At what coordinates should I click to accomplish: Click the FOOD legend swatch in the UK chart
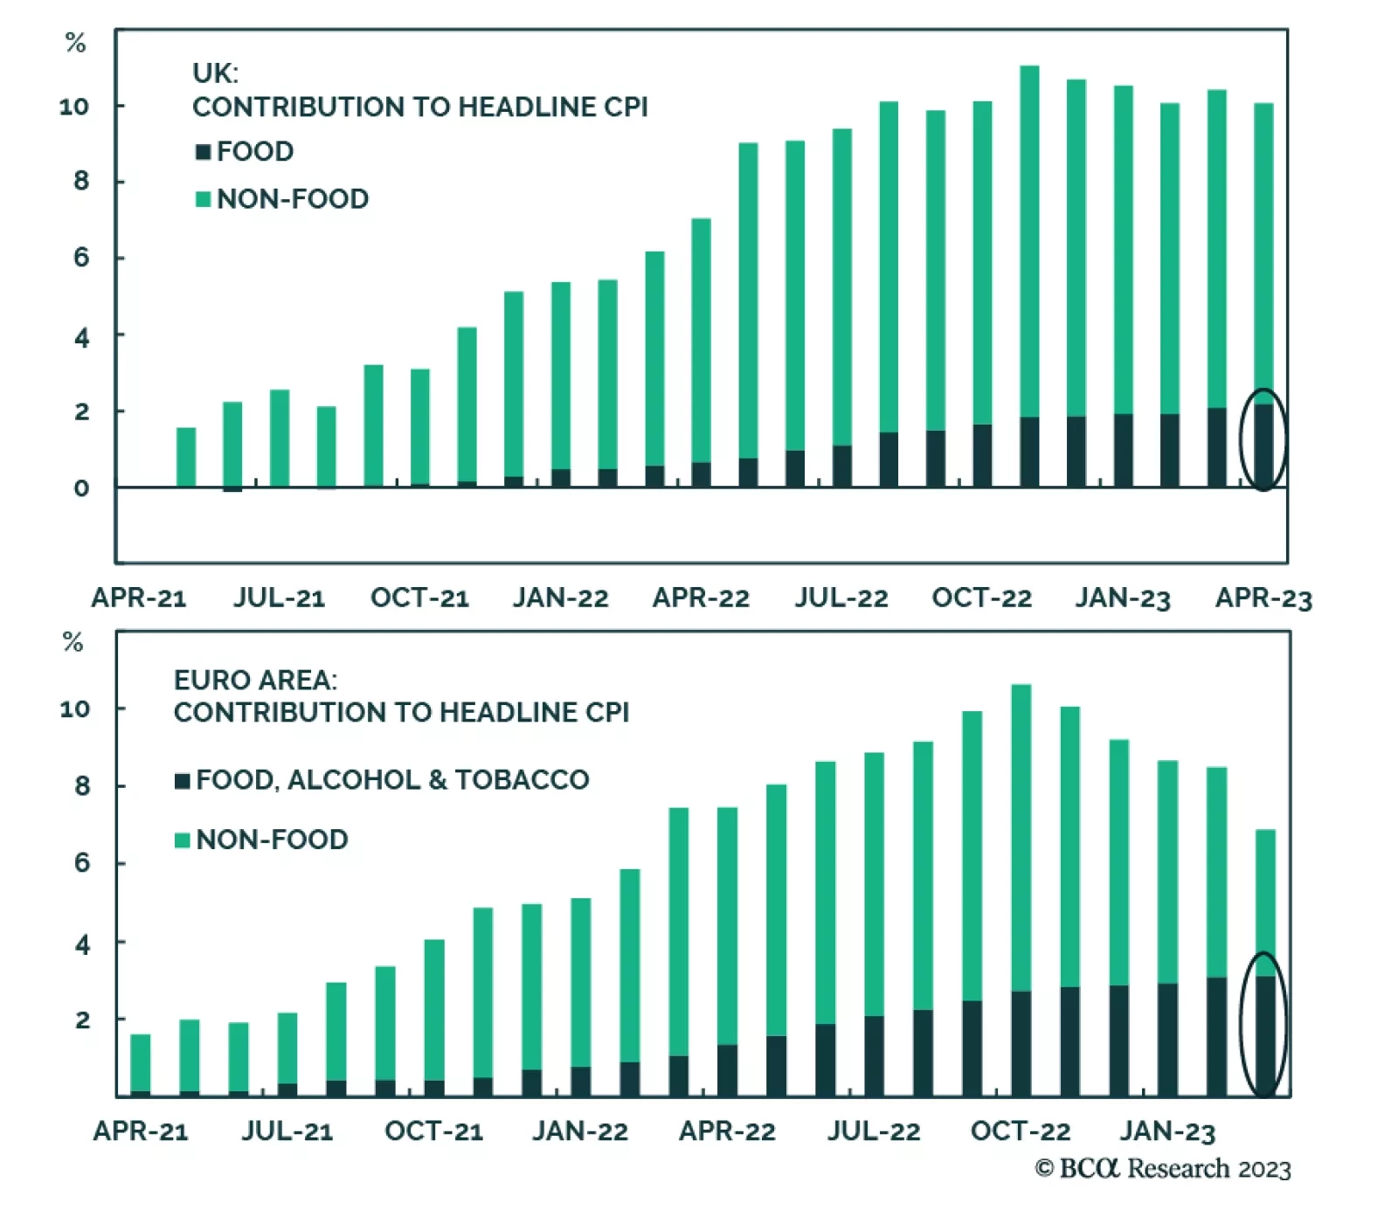click(x=203, y=152)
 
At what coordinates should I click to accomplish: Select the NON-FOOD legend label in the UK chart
click(x=292, y=199)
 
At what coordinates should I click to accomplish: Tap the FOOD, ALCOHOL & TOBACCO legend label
click(x=392, y=779)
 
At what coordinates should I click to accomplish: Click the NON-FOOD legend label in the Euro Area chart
click(x=272, y=840)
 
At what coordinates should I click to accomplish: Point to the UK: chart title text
click(x=215, y=73)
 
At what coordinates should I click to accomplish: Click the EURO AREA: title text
click(x=255, y=680)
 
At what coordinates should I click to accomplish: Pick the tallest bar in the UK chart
click(x=1029, y=262)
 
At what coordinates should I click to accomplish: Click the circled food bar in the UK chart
click(x=1263, y=445)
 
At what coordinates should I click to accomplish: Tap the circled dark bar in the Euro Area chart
click(x=1265, y=1035)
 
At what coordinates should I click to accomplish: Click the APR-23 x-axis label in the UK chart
click(x=1263, y=598)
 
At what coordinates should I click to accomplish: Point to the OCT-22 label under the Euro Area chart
click(x=1020, y=1131)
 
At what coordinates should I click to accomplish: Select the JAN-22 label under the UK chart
click(x=560, y=598)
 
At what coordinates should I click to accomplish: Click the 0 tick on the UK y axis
click(x=81, y=488)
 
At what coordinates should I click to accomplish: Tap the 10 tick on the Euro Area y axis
click(x=75, y=709)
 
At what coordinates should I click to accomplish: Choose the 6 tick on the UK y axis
click(x=81, y=258)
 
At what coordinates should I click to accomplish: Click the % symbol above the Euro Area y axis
click(x=73, y=643)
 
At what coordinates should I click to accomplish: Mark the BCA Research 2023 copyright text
click(x=1162, y=1169)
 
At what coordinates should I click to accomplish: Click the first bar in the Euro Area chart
click(x=140, y=1064)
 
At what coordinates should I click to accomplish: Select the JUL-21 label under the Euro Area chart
click(x=287, y=1131)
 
